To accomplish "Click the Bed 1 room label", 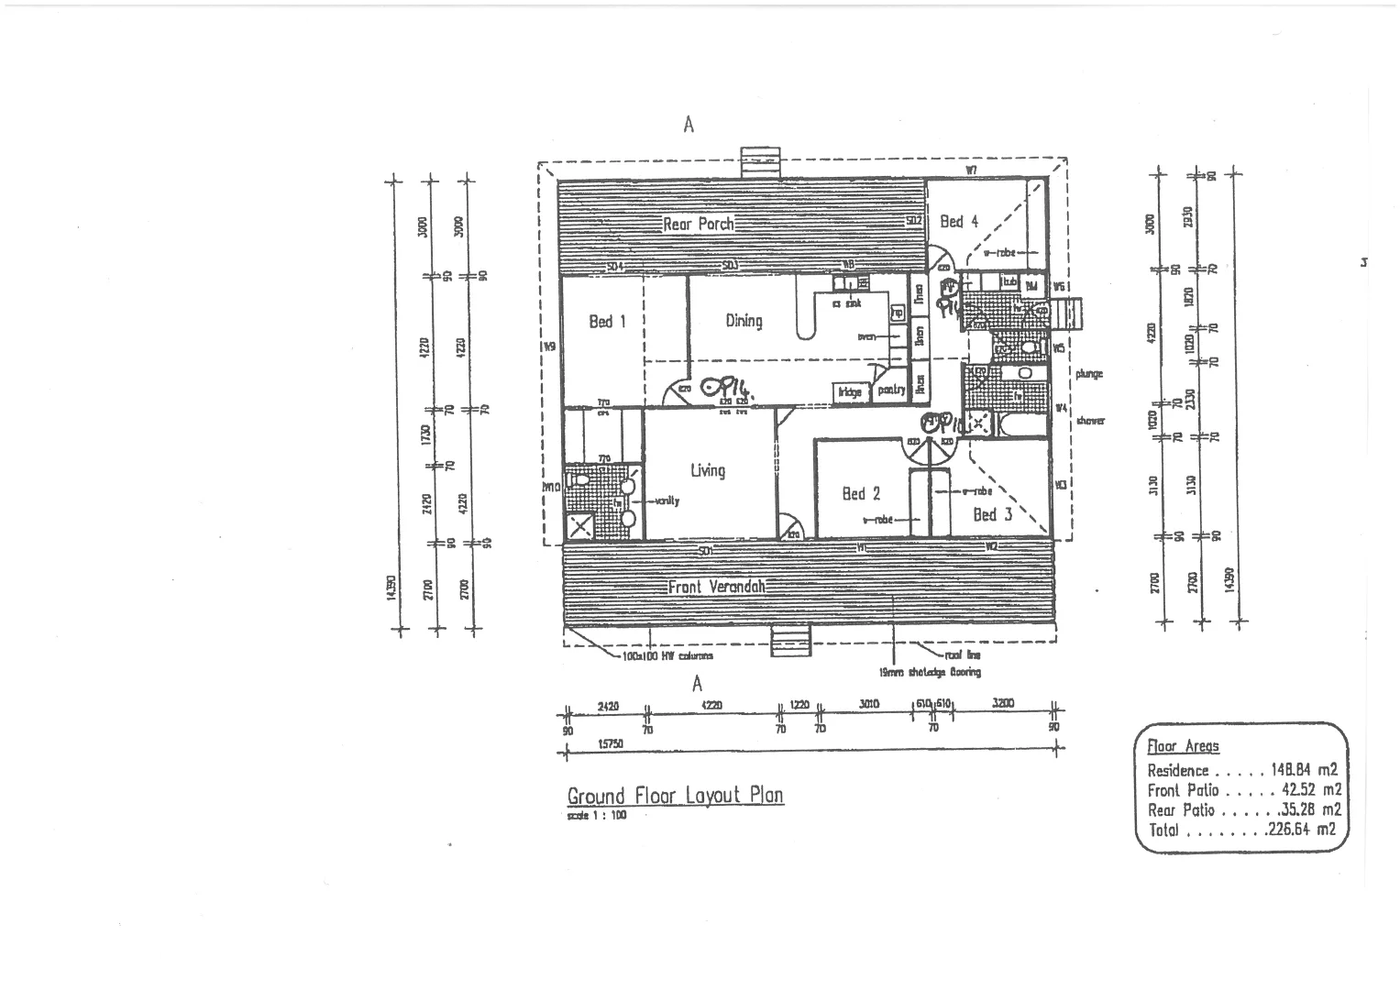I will coord(607,322).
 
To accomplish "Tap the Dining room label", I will coord(744,321).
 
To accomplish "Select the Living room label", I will coord(708,470).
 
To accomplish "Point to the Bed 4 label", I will coord(959,221).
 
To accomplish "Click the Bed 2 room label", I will coord(861,494).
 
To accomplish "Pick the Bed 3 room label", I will coord(992,514).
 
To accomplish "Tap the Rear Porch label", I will coord(699,224).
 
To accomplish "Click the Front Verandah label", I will coord(716,587).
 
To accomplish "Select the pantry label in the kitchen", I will coord(891,390).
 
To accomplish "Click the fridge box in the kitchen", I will coord(849,392).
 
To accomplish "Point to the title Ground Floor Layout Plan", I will coord(675,795).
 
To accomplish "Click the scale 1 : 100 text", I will coord(597,815).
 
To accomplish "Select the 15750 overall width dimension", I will coord(611,744).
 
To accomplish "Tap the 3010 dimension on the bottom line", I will coord(868,705).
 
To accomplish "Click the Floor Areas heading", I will coord(1183,746).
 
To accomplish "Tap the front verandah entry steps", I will coord(785,641).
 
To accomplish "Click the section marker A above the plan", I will coord(689,125).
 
